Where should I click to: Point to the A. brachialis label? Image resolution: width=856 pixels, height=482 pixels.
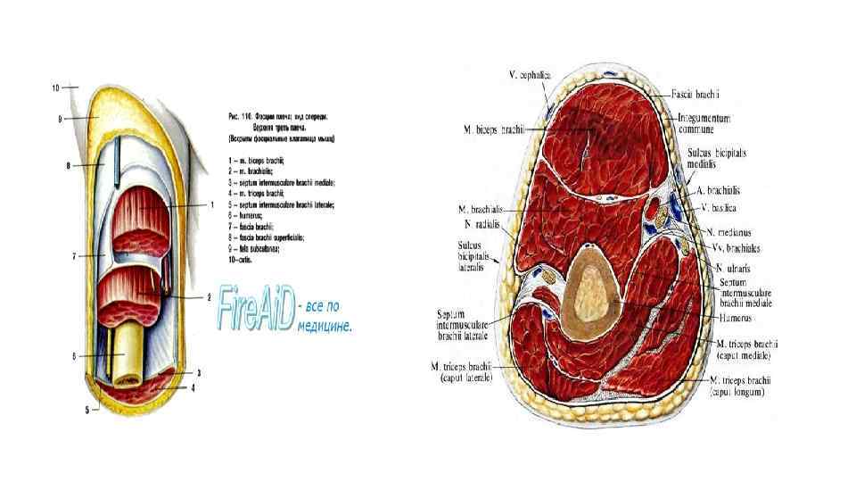click(x=720, y=190)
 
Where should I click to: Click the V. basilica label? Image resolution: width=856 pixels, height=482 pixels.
click(x=718, y=207)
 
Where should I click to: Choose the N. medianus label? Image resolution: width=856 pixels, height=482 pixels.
click(x=722, y=233)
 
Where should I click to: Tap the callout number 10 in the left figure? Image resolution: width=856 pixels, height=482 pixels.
click(x=56, y=87)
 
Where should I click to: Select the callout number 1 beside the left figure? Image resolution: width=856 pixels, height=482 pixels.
click(x=212, y=204)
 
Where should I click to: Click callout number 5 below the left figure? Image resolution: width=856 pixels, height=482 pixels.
click(x=87, y=410)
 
